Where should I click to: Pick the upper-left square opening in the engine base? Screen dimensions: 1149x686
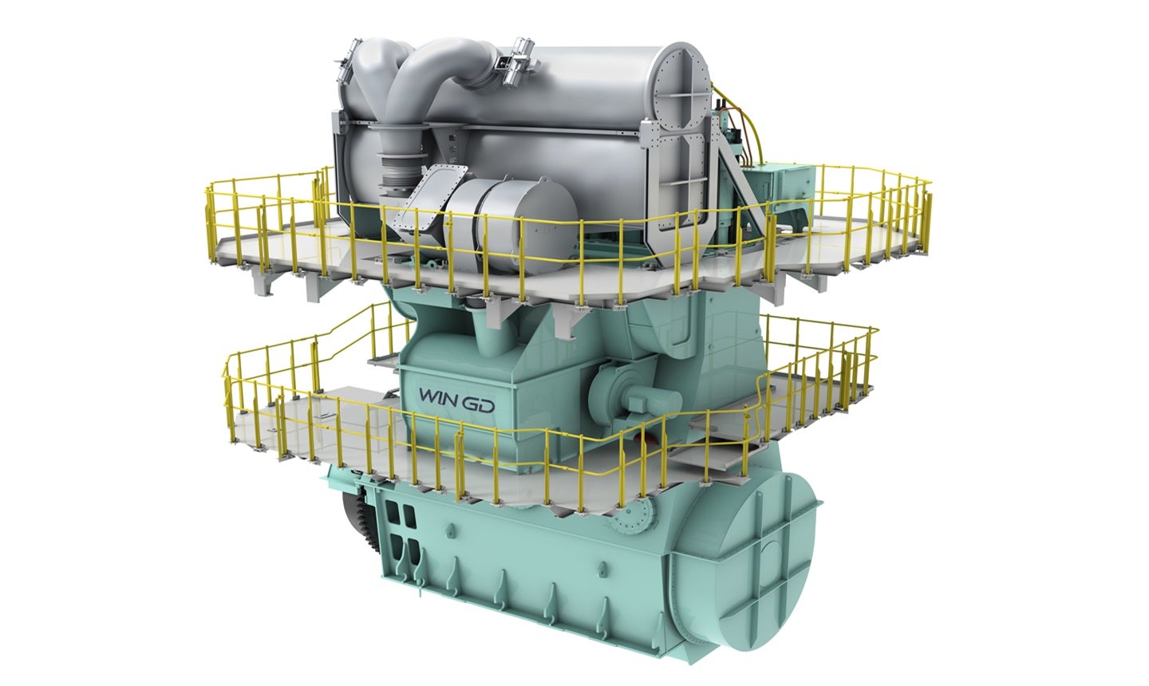point(393,514)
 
